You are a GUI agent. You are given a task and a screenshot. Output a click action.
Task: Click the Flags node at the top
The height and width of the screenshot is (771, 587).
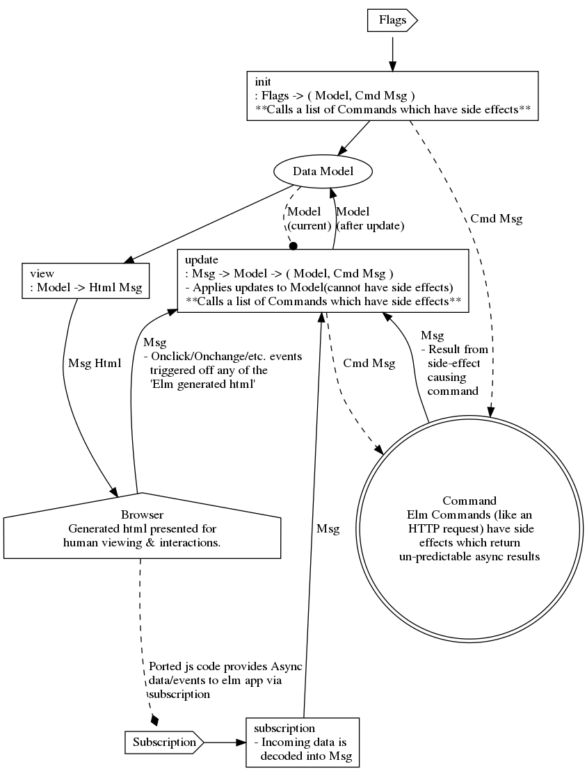(x=392, y=21)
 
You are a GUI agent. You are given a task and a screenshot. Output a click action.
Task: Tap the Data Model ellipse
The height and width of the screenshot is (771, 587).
(x=323, y=172)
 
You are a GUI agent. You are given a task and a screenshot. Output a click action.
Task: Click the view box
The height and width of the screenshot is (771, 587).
(x=86, y=280)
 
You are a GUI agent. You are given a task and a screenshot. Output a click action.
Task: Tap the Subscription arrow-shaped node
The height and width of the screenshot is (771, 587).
(x=163, y=742)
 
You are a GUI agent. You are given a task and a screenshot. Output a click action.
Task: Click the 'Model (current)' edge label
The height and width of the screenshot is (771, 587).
(x=303, y=219)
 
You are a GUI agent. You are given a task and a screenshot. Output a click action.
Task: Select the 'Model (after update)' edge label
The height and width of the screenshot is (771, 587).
(x=369, y=219)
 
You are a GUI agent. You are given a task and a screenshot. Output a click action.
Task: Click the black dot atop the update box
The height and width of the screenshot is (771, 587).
(x=293, y=245)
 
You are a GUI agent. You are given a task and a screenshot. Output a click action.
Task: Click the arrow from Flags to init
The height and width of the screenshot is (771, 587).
(x=392, y=52)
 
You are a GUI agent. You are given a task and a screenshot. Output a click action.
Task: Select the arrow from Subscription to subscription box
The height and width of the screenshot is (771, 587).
(x=225, y=742)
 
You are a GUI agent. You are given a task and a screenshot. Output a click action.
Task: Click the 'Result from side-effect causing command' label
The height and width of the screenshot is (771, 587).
(x=456, y=368)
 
